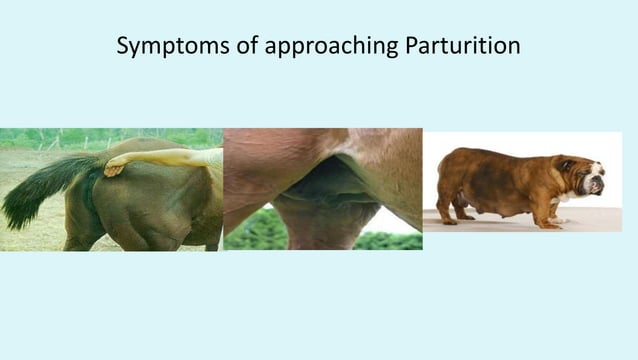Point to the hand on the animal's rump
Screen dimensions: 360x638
tap(114, 167)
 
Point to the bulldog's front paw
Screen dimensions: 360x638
tap(548, 223)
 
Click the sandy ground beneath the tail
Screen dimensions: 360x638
tap(30, 235)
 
